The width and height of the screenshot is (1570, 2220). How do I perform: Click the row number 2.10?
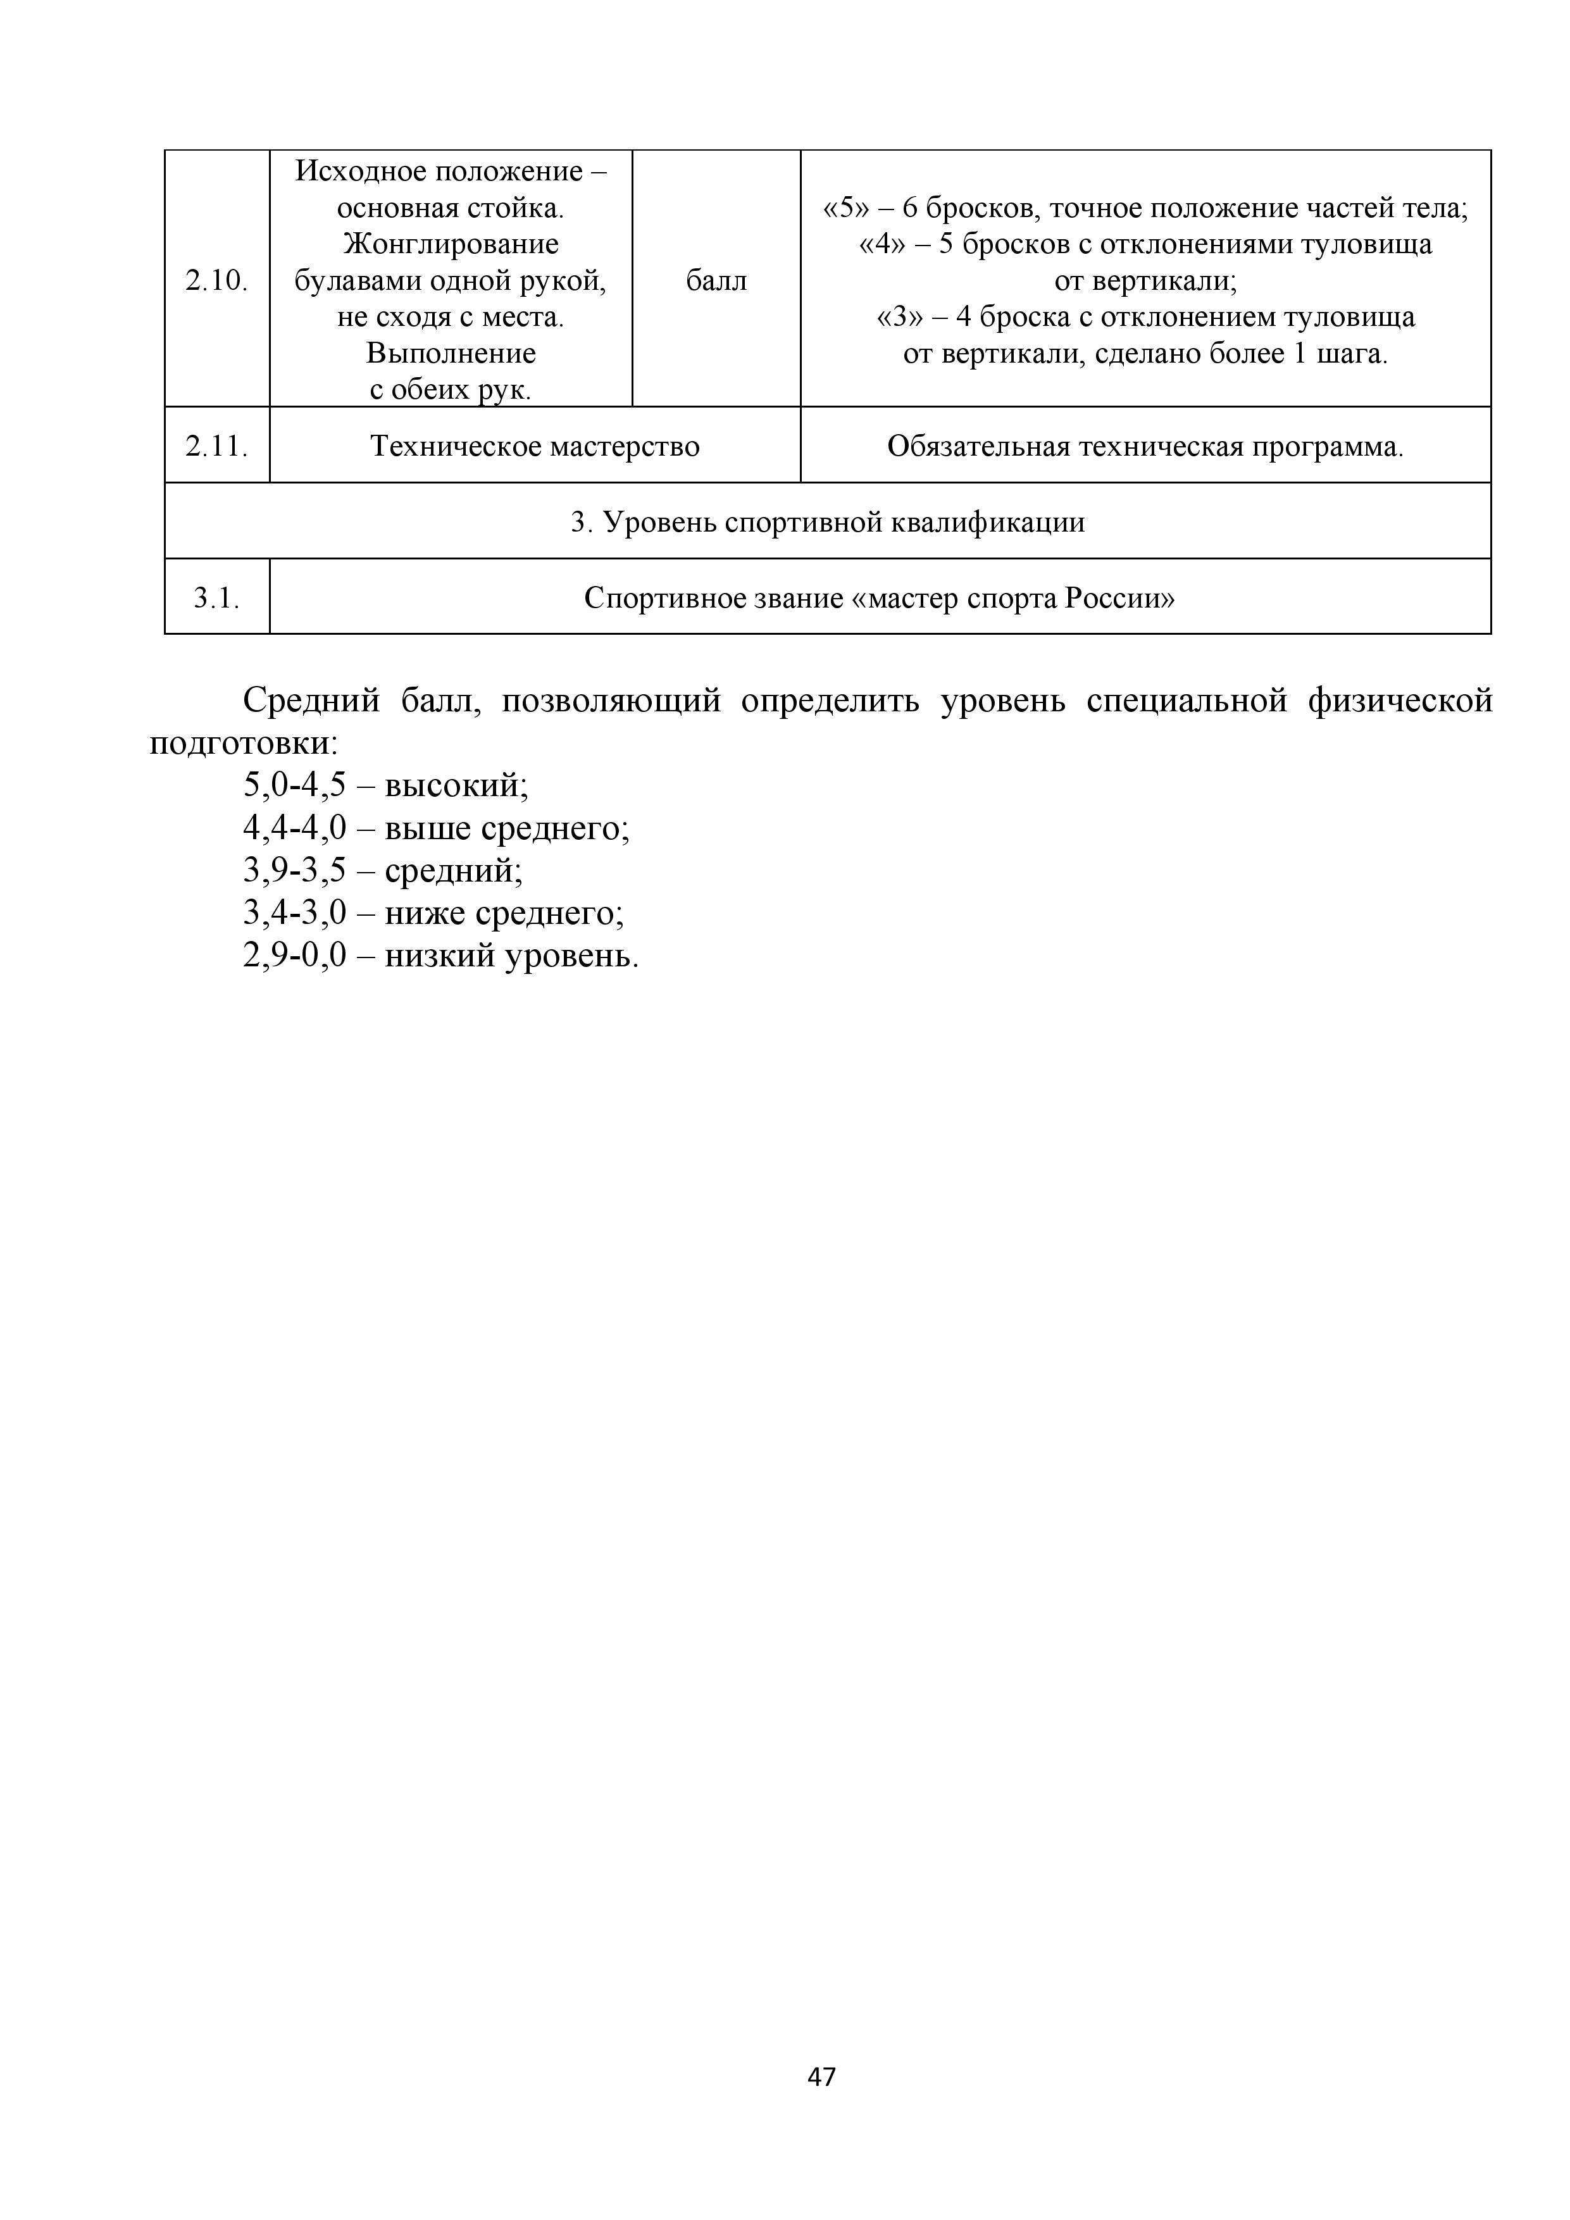pos(216,280)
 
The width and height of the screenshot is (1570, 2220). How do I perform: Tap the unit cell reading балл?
pos(716,280)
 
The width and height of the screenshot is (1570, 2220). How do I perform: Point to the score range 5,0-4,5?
pos(294,785)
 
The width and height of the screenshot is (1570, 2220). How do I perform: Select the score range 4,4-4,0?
pos(294,828)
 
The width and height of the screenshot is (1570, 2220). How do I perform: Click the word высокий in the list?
pos(456,785)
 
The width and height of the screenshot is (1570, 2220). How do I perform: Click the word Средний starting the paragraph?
pos(311,700)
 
